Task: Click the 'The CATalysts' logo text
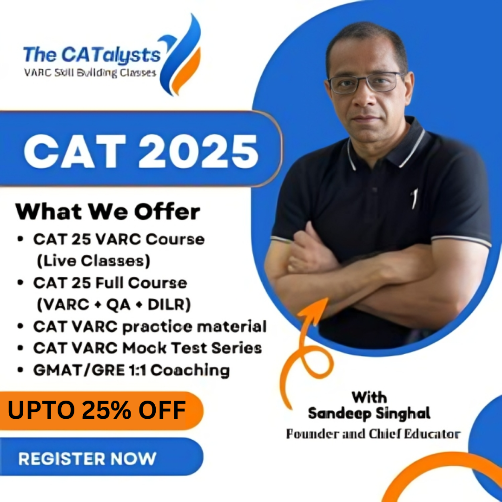(92, 55)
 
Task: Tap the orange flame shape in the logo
(186, 71)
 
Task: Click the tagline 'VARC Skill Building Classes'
(90, 73)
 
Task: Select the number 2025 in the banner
(198, 151)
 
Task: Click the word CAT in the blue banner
(76, 151)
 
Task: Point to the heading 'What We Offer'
(107, 211)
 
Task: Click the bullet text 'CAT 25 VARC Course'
(119, 239)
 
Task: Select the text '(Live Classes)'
(93, 261)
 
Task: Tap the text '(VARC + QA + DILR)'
(114, 304)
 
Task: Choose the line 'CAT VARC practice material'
(150, 327)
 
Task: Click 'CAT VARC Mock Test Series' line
(148, 348)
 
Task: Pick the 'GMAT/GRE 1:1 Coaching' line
(131, 370)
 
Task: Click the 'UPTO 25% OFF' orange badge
(101, 410)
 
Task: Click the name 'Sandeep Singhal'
(369, 413)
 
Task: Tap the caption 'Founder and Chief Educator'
(373, 434)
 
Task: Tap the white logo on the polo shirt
(415, 198)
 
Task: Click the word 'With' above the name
(369, 397)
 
